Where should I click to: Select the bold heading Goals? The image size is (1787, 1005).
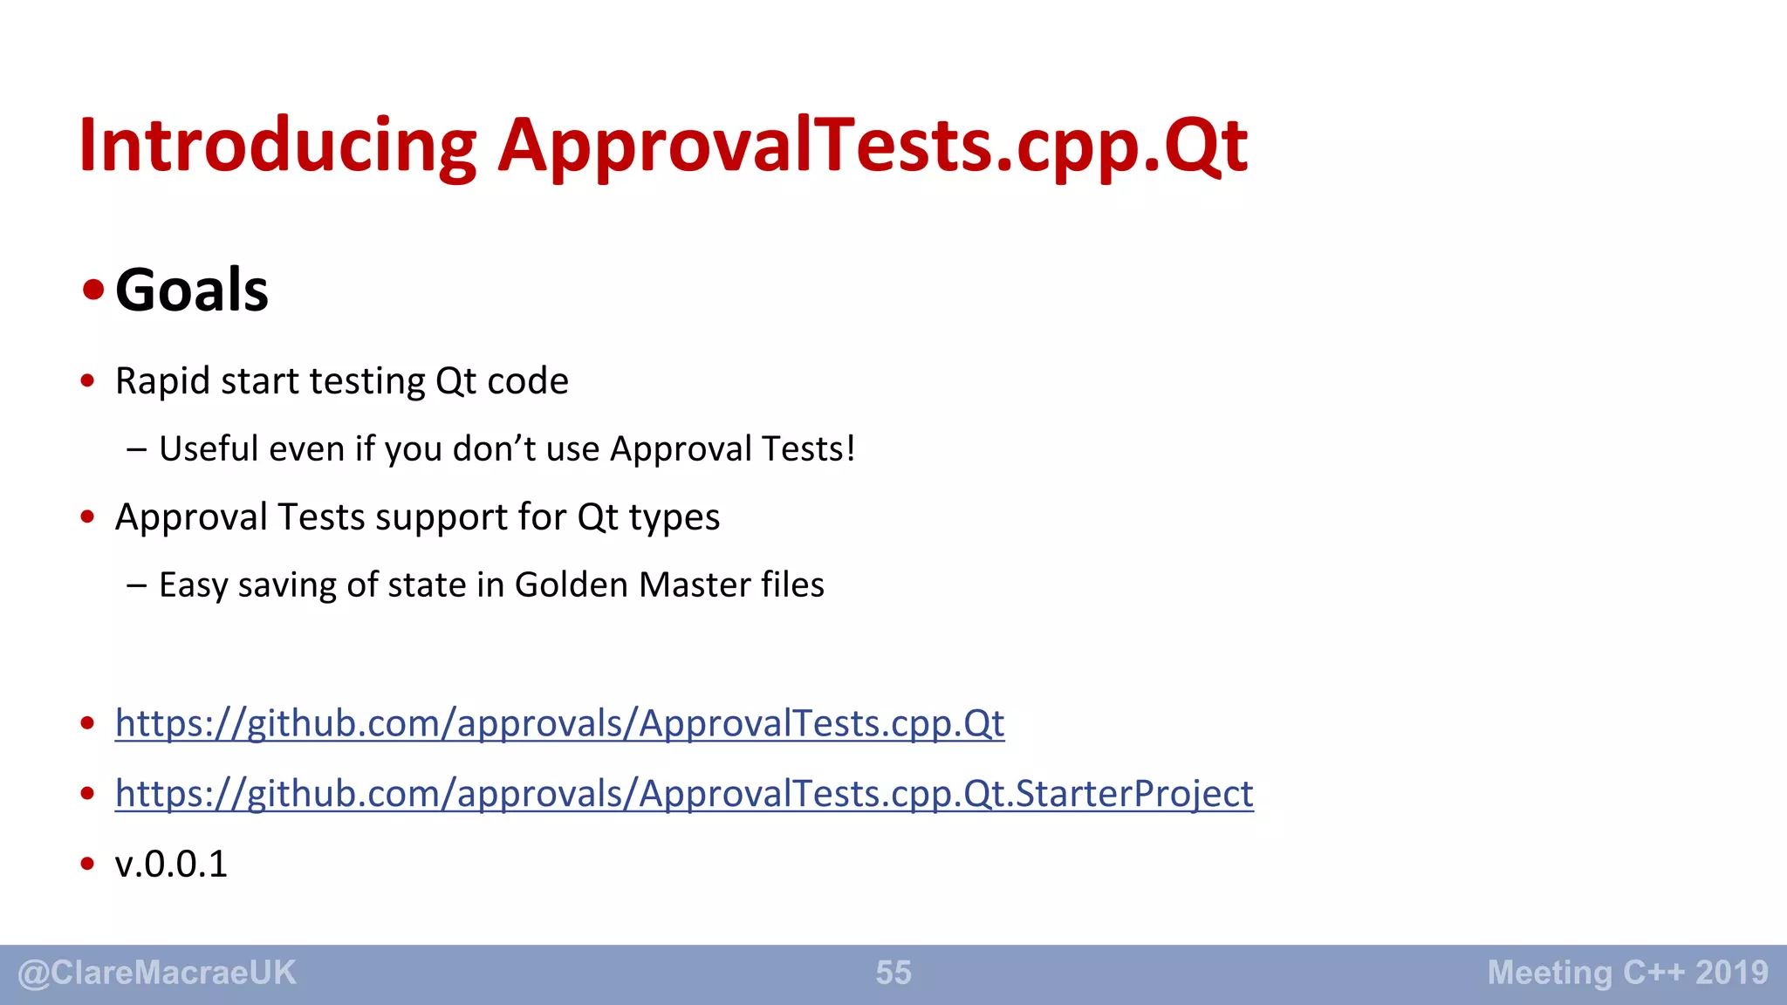click(192, 290)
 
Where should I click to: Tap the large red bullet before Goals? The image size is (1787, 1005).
click(93, 289)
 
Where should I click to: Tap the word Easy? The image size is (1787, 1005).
click(193, 585)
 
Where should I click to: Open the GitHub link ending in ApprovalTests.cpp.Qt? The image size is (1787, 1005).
click(559, 724)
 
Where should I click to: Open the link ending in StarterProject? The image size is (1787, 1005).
click(684, 794)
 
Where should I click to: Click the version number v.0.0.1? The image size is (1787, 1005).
click(171, 865)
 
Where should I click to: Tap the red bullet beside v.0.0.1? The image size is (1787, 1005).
click(87, 864)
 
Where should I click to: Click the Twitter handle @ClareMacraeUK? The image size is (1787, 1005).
click(157, 973)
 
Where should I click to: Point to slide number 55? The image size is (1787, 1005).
click(893, 973)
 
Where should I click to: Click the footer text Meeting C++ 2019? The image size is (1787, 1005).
click(1627, 973)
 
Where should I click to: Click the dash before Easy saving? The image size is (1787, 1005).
click(136, 585)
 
